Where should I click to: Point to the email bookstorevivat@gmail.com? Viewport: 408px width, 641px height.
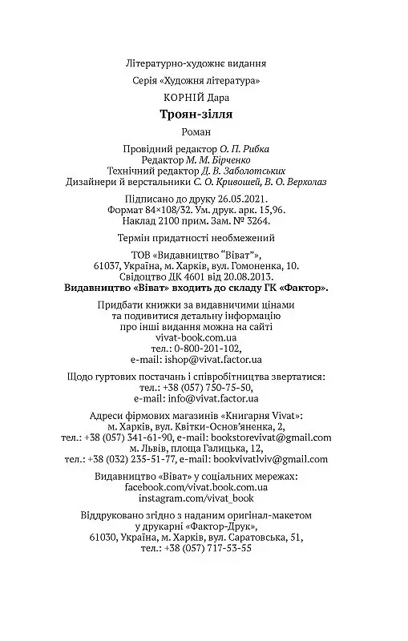(x=269, y=438)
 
